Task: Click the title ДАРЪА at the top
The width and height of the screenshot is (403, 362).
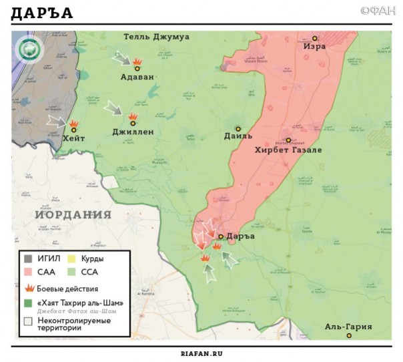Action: pyautogui.click(x=42, y=13)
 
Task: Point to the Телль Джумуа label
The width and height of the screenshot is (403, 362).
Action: pyautogui.click(x=157, y=37)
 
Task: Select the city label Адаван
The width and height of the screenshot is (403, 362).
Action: pyautogui.click(x=137, y=77)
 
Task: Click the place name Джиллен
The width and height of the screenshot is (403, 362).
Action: pyautogui.click(x=133, y=132)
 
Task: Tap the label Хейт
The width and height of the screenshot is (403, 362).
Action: pyautogui.click(x=73, y=138)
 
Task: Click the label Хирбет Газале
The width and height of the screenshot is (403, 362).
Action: pyautogui.click(x=288, y=150)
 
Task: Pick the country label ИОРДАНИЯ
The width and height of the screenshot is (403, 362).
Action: pyautogui.click(x=73, y=214)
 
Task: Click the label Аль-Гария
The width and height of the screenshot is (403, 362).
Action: pyautogui.click(x=348, y=327)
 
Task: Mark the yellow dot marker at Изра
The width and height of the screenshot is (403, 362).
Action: pyautogui.click(x=315, y=38)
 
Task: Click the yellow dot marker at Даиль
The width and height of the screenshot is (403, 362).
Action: pyautogui.click(x=238, y=128)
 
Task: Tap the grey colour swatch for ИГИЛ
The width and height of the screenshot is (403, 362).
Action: pyautogui.click(x=28, y=258)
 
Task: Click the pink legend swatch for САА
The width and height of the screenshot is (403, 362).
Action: pyautogui.click(x=28, y=272)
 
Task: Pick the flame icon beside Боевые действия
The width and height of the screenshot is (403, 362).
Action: pyautogui.click(x=29, y=289)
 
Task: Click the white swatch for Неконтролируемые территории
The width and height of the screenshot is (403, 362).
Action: pyautogui.click(x=28, y=321)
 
